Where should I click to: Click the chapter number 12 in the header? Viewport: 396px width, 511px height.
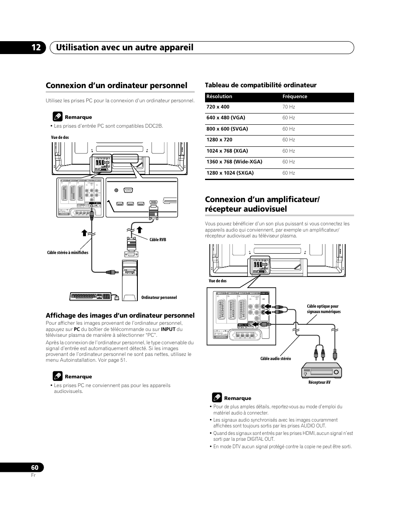[36, 47]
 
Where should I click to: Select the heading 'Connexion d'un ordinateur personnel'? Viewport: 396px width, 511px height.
[117, 85]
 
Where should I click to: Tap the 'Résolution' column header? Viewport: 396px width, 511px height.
[219, 96]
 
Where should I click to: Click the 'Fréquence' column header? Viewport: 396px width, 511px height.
[295, 96]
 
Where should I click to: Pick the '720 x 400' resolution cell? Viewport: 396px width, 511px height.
[218, 107]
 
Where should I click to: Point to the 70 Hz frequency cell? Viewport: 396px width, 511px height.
[288, 107]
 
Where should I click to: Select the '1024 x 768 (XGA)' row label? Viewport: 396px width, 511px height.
[227, 151]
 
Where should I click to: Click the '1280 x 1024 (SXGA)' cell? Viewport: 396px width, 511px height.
[230, 173]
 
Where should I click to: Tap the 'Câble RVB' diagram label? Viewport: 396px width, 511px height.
[158, 239]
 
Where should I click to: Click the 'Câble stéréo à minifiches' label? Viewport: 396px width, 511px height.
[68, 252]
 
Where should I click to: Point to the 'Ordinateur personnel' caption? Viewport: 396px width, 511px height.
[159, 297]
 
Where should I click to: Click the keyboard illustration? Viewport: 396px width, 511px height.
[91, 296]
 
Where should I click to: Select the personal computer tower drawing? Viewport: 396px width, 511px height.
[129, 279]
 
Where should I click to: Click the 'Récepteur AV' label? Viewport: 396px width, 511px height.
[319, 383]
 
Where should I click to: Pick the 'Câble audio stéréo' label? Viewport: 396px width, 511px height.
[276, 358]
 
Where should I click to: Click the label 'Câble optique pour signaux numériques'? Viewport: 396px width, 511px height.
[323, 309]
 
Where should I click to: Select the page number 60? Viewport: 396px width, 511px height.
[34, 468]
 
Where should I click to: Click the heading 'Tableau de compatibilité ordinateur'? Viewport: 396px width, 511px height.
[261, 85]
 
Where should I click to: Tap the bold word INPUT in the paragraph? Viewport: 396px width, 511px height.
[168, 329]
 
